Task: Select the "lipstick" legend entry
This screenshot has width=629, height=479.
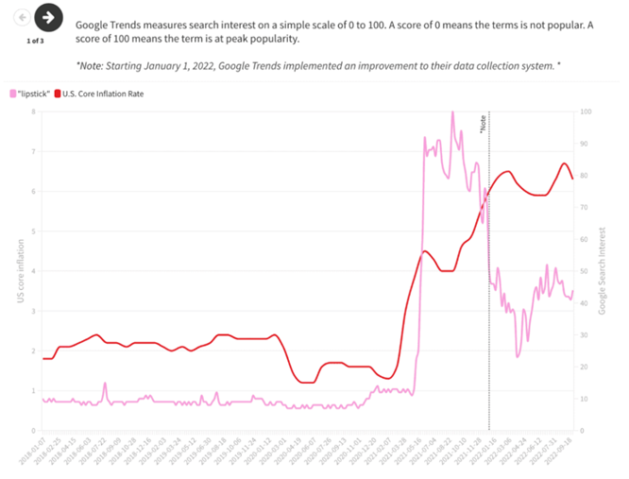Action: pyautogui.click(x=29, y=94)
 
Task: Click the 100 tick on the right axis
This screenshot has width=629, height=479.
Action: pyautogui.click(x=586, y=111)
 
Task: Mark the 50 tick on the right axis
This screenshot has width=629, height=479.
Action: pyautogui.click(x=585, y=271)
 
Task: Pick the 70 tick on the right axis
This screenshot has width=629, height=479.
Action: pyautogui.click(x=585, y=207)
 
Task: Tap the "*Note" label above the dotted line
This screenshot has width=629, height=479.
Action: pyautogui.click(x=483, y=124)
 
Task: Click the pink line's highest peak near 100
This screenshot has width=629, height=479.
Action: pyautogui.click(x=451, y=112)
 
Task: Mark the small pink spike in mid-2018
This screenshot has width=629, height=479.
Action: pyautogui.click(x=105, y=384)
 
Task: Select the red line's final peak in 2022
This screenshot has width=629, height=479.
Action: pyautogui.click(x=564, y=163)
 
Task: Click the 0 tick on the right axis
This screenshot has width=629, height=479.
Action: pyautogui.click(x=582, y=431)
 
